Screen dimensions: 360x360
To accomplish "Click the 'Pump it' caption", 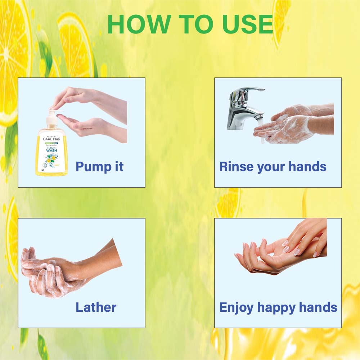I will point(100,167).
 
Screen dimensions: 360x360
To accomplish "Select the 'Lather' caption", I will point(96,307).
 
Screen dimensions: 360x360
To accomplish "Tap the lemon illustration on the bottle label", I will point(52,159).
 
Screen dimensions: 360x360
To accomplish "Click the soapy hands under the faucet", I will point(292,124).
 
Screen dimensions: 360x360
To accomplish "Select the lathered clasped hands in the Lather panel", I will point(54,274).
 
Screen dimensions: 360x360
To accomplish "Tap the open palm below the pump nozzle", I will point(77,124).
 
